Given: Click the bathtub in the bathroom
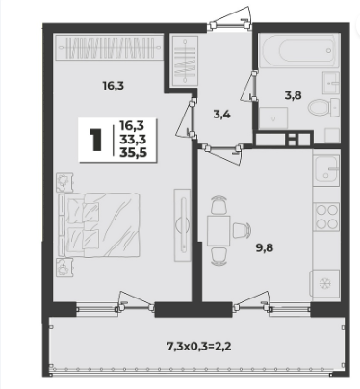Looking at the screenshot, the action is click(298, 50).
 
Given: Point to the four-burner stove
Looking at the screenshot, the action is click(326, 217).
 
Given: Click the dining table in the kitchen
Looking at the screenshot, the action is click(219, 231).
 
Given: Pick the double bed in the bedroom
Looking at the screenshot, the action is click(99, 224).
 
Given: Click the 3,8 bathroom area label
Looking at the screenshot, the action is click(293, 95).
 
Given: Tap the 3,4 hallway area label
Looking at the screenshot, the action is click(221, 114).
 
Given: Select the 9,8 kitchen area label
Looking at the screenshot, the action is click(265, 247).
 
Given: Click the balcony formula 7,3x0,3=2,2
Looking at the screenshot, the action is click(199, 346).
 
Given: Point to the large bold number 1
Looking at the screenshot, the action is click(95, 140).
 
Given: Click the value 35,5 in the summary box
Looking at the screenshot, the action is click(133, 153).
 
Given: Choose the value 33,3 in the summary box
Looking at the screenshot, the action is click(133, 139).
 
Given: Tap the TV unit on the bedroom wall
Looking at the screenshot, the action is click(182, 224).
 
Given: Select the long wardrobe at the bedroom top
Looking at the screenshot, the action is click(109, 47).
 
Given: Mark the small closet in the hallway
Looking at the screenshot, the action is click(185, 61).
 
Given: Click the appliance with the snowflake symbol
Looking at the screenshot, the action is click(324, 283).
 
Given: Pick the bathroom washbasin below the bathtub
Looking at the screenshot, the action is click(331, 83).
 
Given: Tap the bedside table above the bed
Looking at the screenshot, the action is click(64, 183).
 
